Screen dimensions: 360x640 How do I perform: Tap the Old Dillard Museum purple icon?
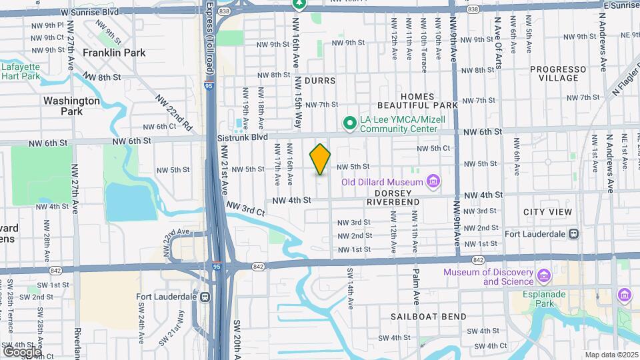click(x=434, y=181)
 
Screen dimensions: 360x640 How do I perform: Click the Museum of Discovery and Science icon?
click(x=543, y=276)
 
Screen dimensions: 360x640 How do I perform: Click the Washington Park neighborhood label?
click(x=71, y=105)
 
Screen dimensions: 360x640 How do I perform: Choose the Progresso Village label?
click(x=558, y=73)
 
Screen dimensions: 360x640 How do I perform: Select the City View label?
click(x=547, y=212)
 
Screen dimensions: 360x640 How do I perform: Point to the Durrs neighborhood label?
click(x=319, y=80)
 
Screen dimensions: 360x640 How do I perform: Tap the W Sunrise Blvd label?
click(x=88, y=12)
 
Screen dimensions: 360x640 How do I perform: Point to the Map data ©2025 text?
click(x=612, y=355)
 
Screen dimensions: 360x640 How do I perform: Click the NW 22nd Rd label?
click(x=174, y=111)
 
